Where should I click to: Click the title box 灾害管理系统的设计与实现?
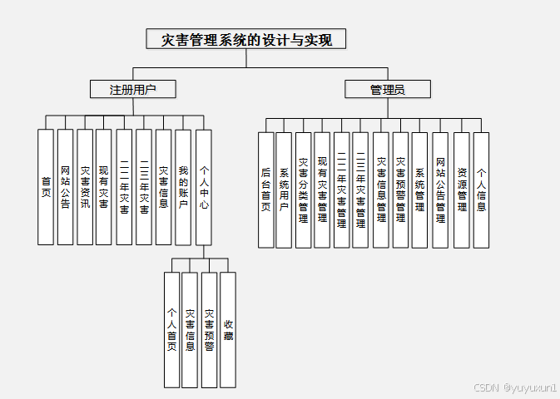click(x=245, y=39)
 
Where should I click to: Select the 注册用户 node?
click(x=133, y=89)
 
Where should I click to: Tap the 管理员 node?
click(x=388, y=89)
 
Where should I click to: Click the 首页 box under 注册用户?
click(x=46, y=186)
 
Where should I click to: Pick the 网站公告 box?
click(x=65, y=186)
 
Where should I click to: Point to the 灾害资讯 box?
click(x=85, y=186)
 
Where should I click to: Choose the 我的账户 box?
click(x=183, y=186)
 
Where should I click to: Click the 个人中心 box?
click(x=203, y=186)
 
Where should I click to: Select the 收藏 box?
click(x=228, y=329)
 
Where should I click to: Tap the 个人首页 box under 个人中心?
click(x=171, y=329)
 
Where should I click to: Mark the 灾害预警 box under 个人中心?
click(x=209, y=329)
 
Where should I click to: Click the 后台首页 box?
click(x=265, y=190)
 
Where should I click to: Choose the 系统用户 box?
click(x=284, y=190)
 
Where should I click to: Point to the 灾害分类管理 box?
click(x=303, y=190)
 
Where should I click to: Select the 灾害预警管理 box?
click(x=400, y=190)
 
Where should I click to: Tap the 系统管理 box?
click(x=419, y=190)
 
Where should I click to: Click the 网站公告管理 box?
click(x=440, y=190)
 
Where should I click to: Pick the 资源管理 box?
click(x=462, y=190)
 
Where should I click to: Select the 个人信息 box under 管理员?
click(x=481, y=190)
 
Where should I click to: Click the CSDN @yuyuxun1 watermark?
click(x=515, y=387)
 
